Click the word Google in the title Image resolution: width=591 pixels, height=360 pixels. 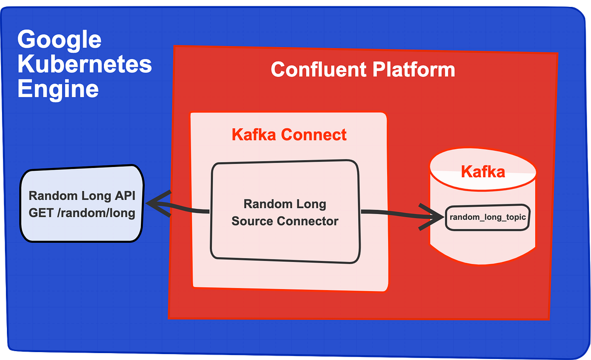[x=60, y=40]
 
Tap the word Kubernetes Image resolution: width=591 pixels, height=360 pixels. [x=85, y=65]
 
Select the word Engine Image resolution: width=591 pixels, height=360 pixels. [x=58, y=90]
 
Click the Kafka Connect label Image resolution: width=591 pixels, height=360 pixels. [x=289, y=134]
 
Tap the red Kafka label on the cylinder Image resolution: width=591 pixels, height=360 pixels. [x=483, y=171]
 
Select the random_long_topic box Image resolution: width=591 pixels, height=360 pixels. [x=487, y=217]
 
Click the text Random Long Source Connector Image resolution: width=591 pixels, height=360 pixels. [x=285, y=212]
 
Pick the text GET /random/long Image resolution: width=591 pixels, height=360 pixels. [x=82, y=213]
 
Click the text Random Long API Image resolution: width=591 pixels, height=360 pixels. [x=82, y=196]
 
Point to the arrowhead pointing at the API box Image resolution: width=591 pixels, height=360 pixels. [x=157, y=203]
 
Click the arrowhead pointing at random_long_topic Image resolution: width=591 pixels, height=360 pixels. [x=433, y=217]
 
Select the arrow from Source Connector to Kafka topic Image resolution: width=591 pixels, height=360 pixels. [x=394, y=213]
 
